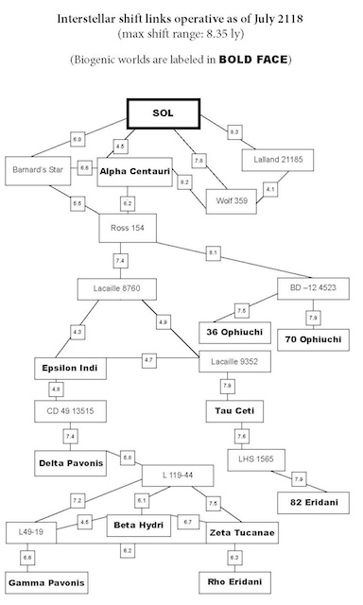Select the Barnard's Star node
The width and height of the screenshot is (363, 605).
39,171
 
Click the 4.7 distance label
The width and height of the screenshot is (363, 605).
148,360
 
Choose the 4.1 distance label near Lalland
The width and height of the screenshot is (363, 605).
270,189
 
